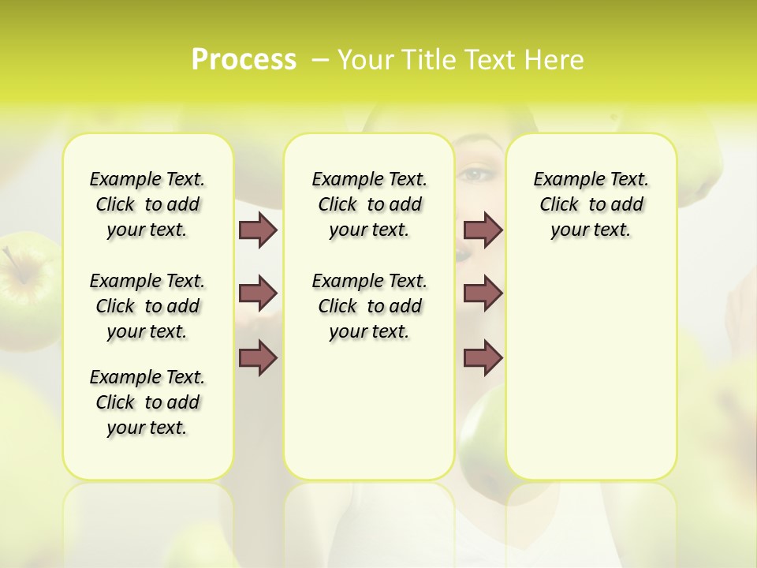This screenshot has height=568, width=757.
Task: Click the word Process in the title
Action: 244,60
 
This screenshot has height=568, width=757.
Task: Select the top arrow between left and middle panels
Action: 258,230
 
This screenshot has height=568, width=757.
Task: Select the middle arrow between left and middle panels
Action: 258,294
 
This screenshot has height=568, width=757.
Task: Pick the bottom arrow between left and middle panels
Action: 258,357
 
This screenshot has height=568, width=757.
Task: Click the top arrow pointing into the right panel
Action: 483,230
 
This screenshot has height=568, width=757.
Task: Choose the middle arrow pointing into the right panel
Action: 483,294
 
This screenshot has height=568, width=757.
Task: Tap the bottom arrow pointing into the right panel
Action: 483,357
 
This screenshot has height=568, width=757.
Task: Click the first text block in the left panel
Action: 147,205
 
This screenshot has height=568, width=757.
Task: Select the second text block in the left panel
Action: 147,306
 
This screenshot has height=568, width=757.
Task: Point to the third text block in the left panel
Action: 147,402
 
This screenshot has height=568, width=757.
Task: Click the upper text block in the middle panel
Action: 369,205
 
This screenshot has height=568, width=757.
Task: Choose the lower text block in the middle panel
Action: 369,306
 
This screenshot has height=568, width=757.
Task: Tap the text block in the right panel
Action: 591,205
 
